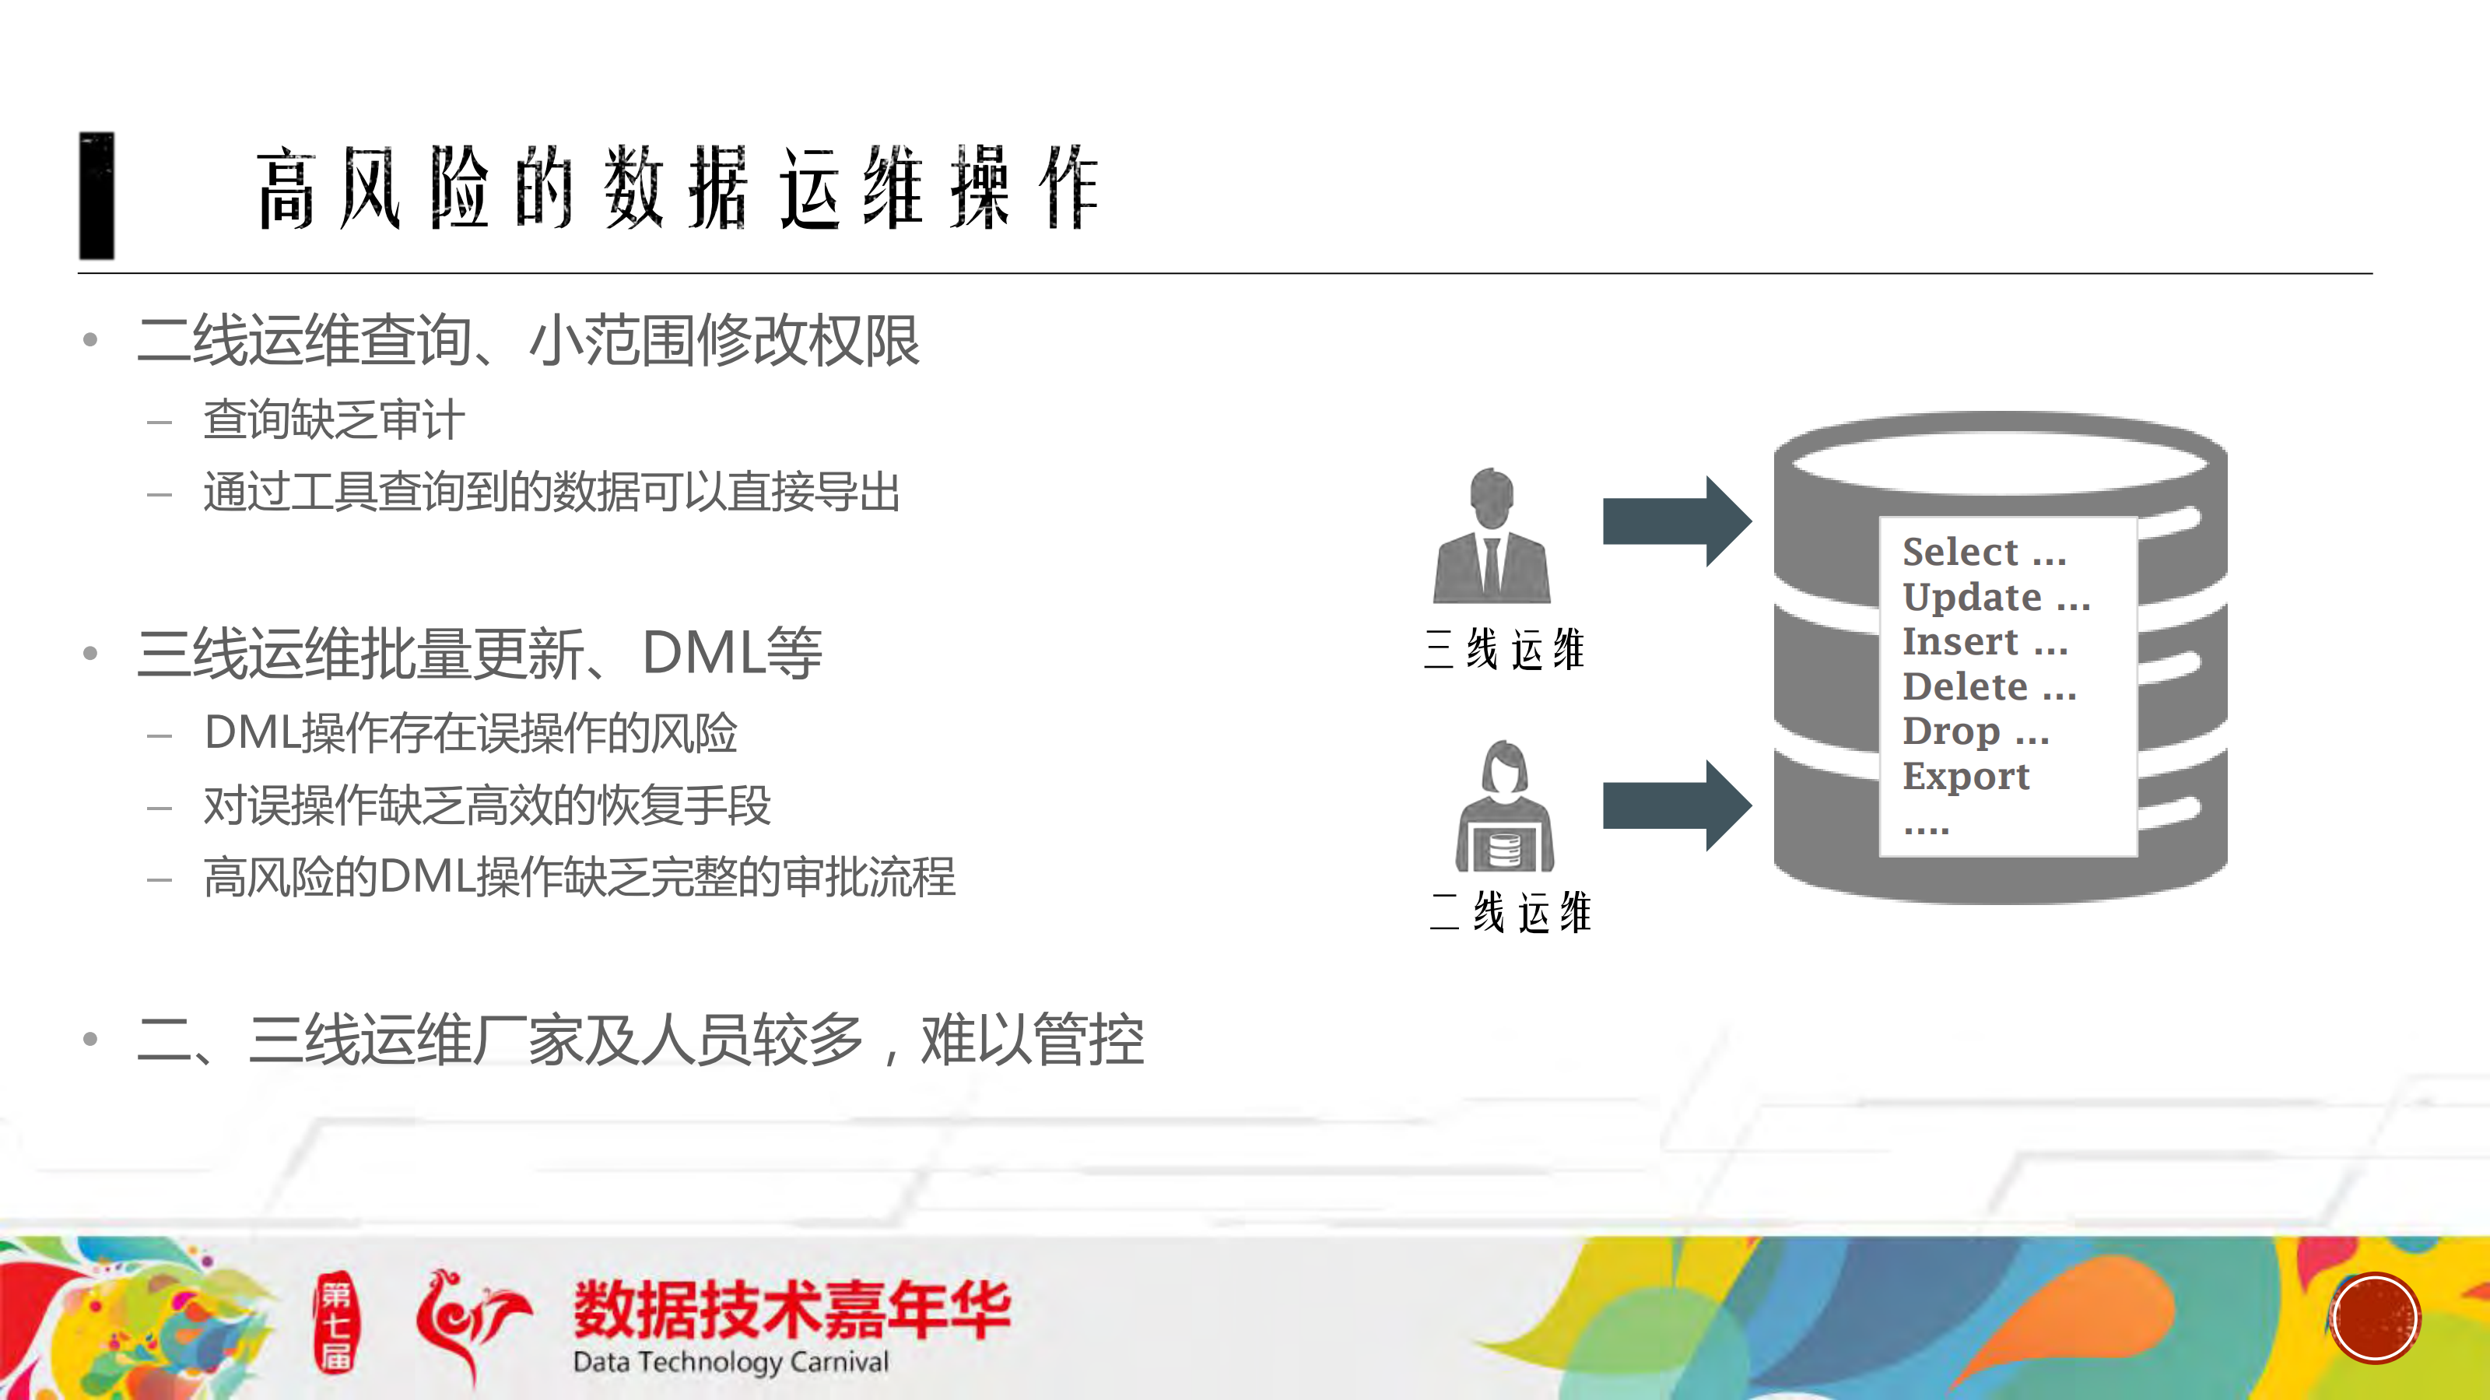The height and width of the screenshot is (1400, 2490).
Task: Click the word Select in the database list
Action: coord(1959,552)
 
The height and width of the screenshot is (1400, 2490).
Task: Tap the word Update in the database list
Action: coord(1971,598)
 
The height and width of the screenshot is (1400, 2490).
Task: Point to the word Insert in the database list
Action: coord(1959,642)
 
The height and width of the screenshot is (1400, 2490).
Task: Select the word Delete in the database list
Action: coord(1964,686)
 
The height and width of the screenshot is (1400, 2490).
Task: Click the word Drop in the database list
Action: coord(1951,732)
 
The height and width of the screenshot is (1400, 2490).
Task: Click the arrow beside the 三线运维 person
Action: coord(1676,521)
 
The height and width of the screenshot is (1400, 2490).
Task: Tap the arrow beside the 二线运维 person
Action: coord(1676,805)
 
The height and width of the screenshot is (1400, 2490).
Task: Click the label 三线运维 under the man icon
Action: coord(1504,649)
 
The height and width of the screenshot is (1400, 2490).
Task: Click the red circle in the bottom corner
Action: coord(2374,1318)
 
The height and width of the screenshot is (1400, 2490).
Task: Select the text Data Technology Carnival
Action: coord(730,1363)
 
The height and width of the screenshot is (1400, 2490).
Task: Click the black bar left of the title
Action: coord(96,195)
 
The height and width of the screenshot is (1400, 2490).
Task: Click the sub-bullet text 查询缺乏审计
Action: coord(334,420)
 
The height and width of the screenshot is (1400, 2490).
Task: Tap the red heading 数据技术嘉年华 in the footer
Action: coord(791,1309)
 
